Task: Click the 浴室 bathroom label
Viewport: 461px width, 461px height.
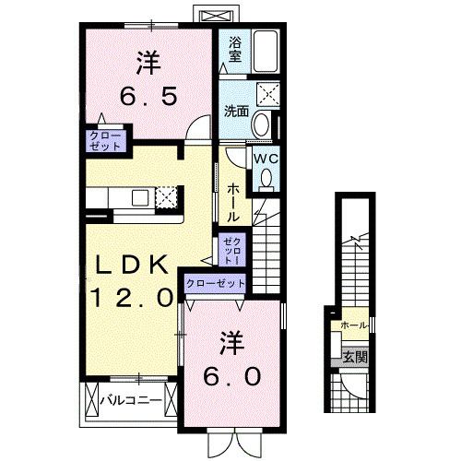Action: [x=234, y=49]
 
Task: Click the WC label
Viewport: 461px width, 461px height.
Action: [x=266, y=158]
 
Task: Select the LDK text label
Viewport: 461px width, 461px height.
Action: [x=128, y=266]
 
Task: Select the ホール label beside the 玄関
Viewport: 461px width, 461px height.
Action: [x=353, y=325]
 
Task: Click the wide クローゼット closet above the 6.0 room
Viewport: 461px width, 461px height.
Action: [x=216, y=283]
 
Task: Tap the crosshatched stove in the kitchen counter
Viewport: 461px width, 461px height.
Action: [x=167, y=196]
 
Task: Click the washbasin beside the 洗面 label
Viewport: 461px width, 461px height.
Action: [x=262, y=124]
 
